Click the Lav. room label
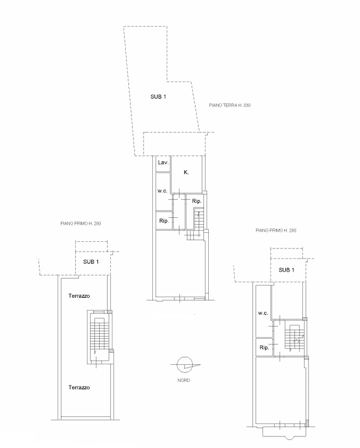(x=163, y=162)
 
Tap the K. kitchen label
(x=186, y=172)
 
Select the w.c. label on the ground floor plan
(x=162, y=191)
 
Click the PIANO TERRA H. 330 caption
(x=229, y=105)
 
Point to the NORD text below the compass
(x=183, y=380)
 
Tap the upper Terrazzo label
(x=79, y=296)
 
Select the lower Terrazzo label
(x=79, y=387)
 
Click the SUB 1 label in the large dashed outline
(x=158, y=96)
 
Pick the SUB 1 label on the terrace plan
(x=91, y=262)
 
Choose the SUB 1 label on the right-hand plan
(x=286, y=269)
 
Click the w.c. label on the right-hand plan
(x=263, y=313)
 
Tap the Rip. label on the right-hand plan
(x=264, y=348)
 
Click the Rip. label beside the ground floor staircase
(x=197, y=201)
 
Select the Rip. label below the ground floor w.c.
(x=164, y=221)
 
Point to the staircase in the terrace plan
(x=100, y=337)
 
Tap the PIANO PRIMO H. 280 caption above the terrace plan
(x=81, y=223)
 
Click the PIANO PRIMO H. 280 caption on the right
(x=276, y=230)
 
